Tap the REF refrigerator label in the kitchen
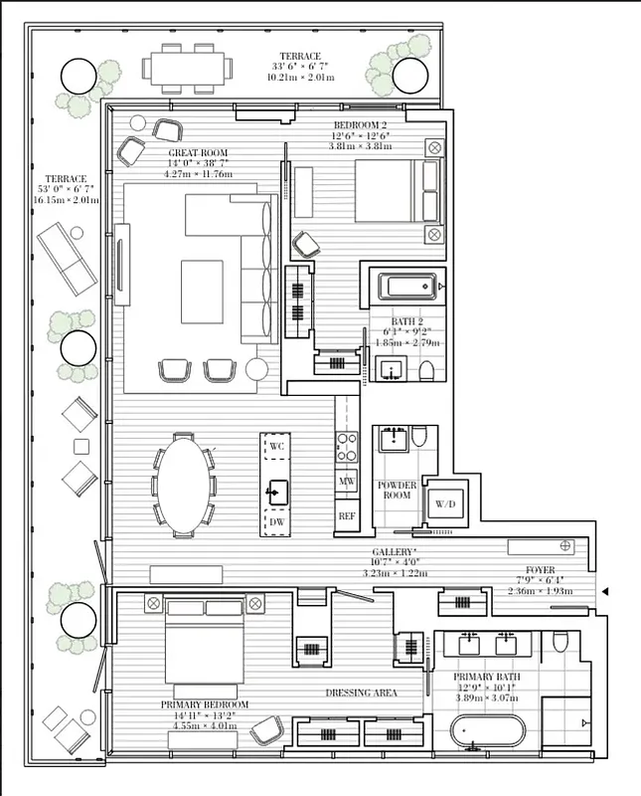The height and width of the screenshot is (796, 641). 347,516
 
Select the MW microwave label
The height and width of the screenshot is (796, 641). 347,482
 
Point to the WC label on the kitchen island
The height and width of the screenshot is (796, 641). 276,448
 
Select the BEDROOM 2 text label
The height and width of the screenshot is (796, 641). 361,125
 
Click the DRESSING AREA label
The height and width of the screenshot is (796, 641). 364,693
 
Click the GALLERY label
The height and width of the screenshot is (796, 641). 394,551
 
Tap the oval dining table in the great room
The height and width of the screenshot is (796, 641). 184,485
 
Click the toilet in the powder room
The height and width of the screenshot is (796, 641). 418,436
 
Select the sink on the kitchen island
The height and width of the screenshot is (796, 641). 276,491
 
